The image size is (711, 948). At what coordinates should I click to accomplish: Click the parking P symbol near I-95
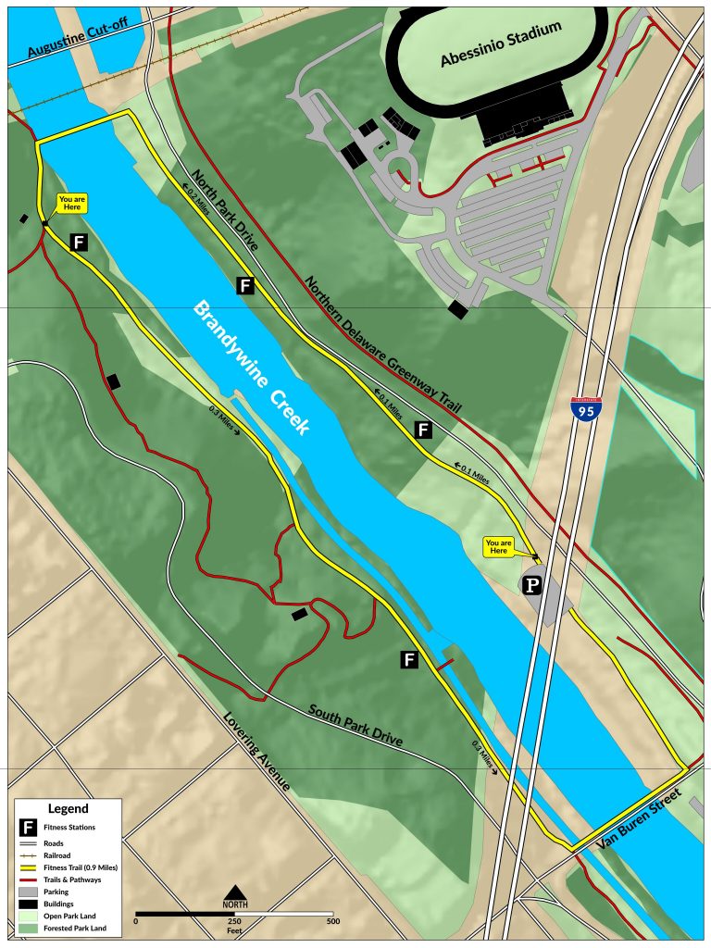[x=532, y=584]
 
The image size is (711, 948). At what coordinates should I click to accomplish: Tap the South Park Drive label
[x=355, y=727]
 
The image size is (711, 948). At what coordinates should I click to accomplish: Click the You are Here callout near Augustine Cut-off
[x=71, y=203]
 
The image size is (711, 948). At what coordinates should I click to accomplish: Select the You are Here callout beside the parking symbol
[x=498, y=547]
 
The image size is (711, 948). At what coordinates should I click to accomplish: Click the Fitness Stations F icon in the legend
[x=29, y=827]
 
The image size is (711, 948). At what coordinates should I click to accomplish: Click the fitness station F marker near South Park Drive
[x=409, y=659]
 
